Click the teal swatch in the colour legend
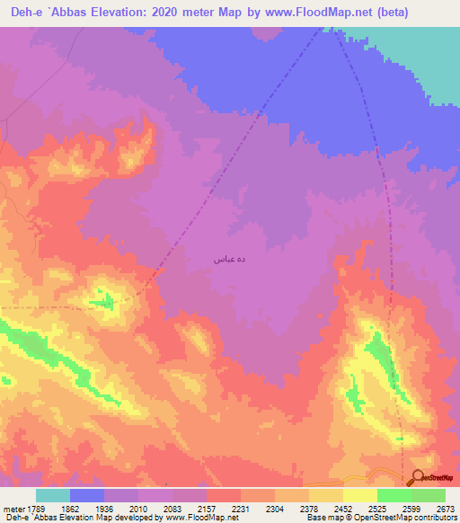(x=53, y=495)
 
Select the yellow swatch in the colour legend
(x=359, y=495)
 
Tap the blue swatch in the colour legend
(x=87, y=495)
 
